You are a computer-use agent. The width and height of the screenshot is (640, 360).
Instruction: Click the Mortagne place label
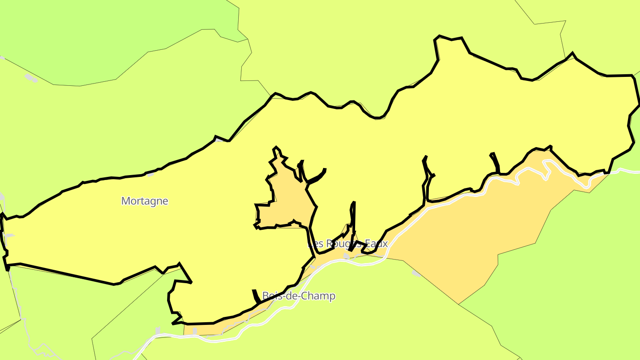coord(145,201)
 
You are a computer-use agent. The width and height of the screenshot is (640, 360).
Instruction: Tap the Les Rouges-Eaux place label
coord(348,244)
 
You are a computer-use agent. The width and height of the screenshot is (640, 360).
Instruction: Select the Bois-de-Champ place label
coord(299,296)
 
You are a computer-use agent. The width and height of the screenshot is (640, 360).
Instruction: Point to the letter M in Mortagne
coord(125,201)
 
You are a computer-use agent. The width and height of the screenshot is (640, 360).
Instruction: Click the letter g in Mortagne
coord(153,202)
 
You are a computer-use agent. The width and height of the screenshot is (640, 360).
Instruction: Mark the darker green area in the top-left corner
coord(111,40)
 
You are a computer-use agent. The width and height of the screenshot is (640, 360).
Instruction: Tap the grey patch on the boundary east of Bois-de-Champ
coord(416,273)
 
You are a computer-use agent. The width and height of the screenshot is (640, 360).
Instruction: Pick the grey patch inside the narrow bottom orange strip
coord(195,331)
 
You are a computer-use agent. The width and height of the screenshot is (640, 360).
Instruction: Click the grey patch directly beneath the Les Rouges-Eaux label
coord(346,256)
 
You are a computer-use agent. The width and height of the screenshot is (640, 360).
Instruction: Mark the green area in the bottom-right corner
coord(578,289)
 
